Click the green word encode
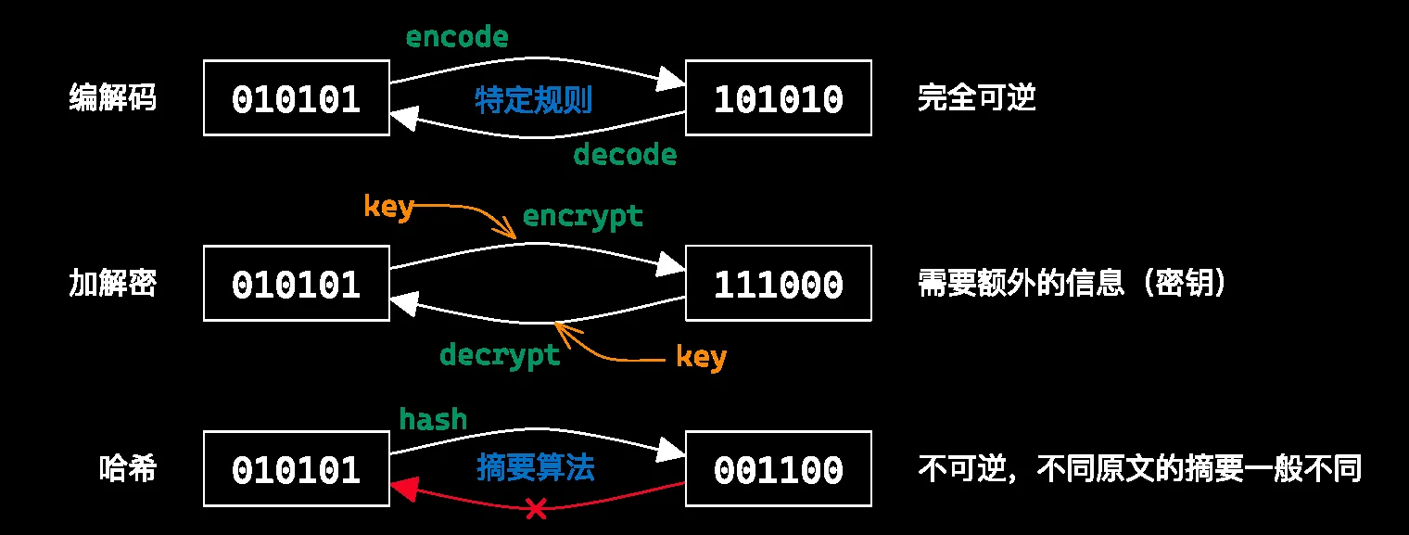[457, 37]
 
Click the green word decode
[625, 154]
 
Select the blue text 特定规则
[533, 99]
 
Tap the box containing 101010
[778, 98]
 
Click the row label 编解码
[112, 97]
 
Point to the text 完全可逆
[976, 97]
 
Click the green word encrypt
[582, 216]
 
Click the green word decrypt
[500, 354]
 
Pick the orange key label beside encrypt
[387, 207]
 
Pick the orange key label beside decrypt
[701, 356]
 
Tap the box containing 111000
[778, 284]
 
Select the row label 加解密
[112, 283]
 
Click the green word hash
[433, 419]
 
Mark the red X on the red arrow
[535, 507]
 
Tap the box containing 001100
[778, 469]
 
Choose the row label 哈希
[127, 469]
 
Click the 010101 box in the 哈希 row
[297, 469]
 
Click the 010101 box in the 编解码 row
[297, 98]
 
